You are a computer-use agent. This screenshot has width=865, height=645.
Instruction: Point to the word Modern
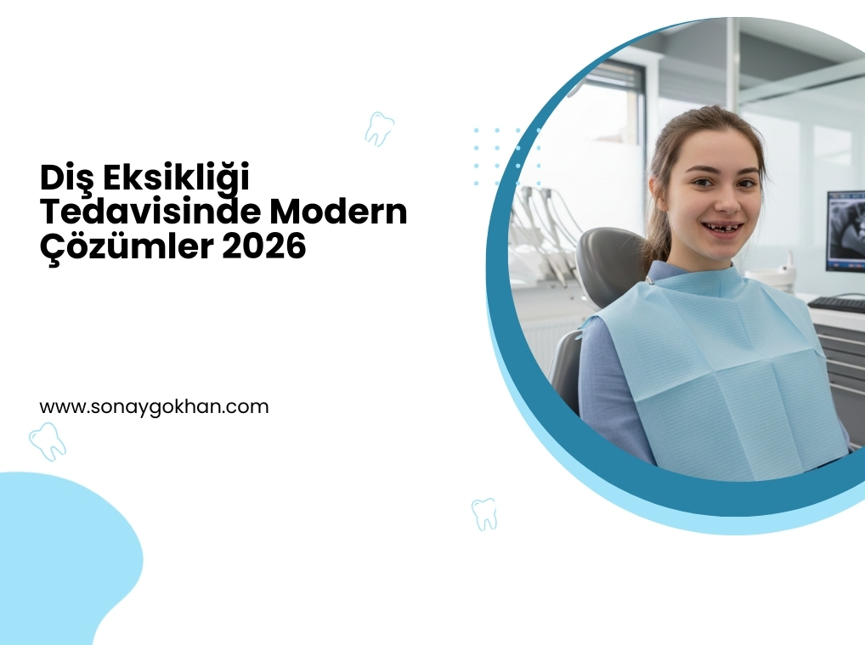pyautogui.click(x=338, y=212)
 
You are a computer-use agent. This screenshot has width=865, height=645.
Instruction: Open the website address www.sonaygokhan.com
pyautogui.click(x=154, y=407)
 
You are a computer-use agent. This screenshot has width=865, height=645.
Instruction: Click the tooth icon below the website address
pyautogui.click(x=47, y=441)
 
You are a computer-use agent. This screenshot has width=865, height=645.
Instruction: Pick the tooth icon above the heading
pyautogui.click(x=380, y=129)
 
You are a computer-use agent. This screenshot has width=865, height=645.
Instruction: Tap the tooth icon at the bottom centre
pyautogui.click(x=484, y=514)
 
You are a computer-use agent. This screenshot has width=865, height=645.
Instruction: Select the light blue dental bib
pyautogui.click(x=717, y=370)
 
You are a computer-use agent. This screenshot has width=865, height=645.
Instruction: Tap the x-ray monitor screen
pyautogui.click(x=846, y=230)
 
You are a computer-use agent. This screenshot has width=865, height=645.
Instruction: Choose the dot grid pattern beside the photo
pyautogui.click(x=507, y=156)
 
